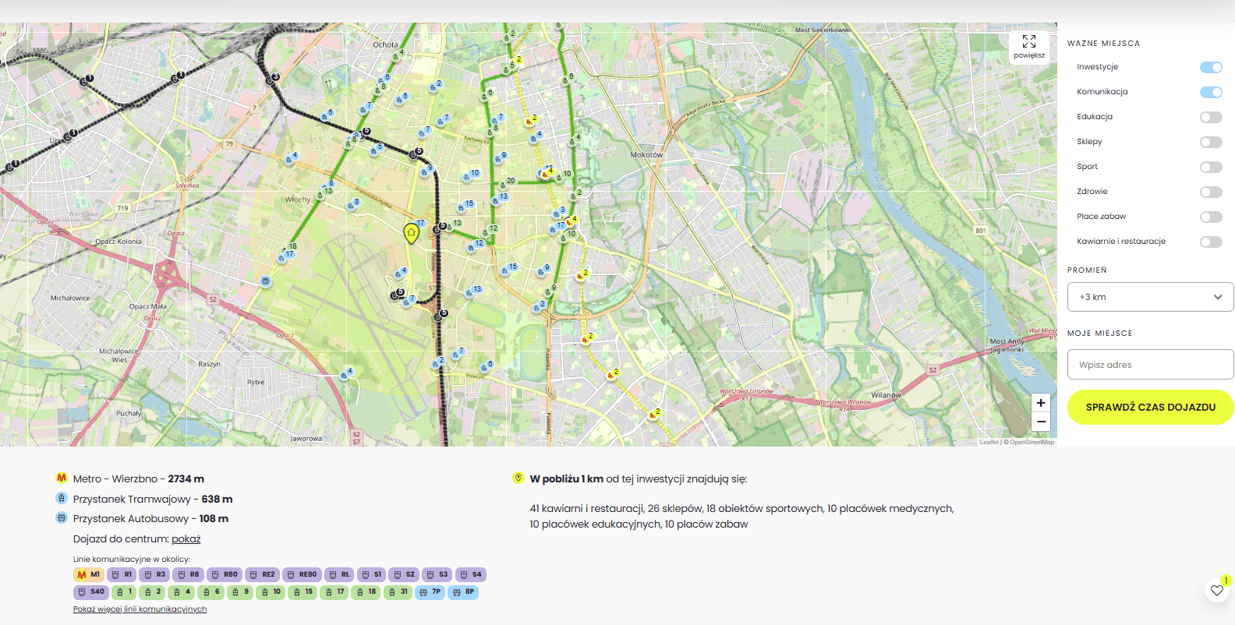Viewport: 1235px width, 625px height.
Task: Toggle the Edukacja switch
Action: [1211, 117]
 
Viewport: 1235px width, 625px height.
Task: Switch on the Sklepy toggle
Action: [1211, 142]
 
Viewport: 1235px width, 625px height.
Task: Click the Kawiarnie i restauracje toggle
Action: [1211, 242]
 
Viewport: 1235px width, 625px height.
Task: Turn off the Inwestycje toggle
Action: [1211, 68]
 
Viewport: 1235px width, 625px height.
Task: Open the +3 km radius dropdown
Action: [1150, 297]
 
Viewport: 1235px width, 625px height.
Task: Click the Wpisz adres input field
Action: [1150, 365]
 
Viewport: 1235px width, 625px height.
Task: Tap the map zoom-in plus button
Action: [1041, 403]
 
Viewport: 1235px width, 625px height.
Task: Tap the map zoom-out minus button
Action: [1041, 422]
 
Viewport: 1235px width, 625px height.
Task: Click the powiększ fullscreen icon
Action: [1029, 41]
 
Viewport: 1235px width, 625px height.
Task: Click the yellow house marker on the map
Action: [411, 232]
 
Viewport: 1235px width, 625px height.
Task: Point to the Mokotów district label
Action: [646, 155]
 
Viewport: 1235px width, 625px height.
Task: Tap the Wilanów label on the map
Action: [886, 395]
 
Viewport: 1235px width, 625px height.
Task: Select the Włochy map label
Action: [297, 200]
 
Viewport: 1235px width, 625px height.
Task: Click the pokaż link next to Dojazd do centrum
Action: [186, 539]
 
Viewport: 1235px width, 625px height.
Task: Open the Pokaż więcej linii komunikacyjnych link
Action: [140, 609]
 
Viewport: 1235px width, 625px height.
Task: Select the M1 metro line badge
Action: [88, 575]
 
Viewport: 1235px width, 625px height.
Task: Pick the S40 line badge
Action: [90, 592]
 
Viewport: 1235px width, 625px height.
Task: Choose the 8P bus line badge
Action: [464, 592]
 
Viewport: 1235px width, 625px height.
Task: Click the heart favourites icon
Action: [1217, 591]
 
